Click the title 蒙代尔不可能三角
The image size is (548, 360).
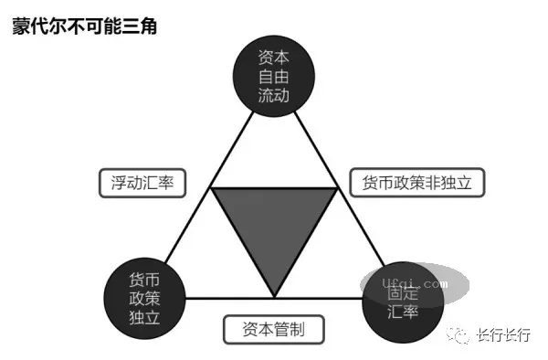(84, 26)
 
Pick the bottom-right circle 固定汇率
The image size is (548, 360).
(402, 302)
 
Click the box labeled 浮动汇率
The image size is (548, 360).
(142, 184)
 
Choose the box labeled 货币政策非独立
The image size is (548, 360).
(416, 184)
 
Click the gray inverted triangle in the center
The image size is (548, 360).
(274, 224)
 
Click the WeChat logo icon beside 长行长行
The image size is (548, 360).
(458, 335)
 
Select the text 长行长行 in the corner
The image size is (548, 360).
(502, 335)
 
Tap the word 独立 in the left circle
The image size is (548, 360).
(145, 320)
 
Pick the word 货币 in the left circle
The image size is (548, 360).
(145, 279)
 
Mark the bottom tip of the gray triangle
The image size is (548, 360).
(274, 295)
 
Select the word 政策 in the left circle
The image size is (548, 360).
(145, 299)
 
